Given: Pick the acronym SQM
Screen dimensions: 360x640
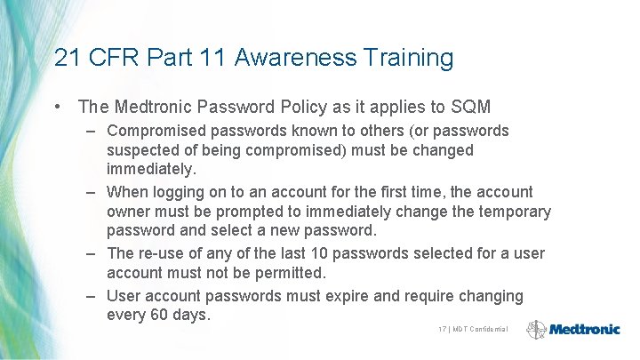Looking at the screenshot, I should (470, 108).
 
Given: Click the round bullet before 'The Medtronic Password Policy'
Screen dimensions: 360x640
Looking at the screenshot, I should (57, 108).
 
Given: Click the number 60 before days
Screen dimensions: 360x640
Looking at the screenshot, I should (162, 316).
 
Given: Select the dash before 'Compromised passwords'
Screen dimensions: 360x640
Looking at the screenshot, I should (92, 131).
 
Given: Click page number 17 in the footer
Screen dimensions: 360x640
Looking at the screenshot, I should (442, 329).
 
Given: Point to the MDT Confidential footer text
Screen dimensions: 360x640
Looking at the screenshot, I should (480, 329).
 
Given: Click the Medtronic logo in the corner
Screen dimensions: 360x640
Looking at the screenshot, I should (573, 329).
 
